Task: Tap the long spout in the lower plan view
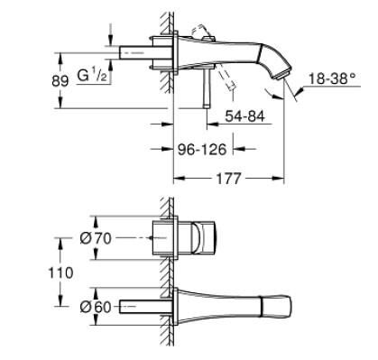244,308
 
